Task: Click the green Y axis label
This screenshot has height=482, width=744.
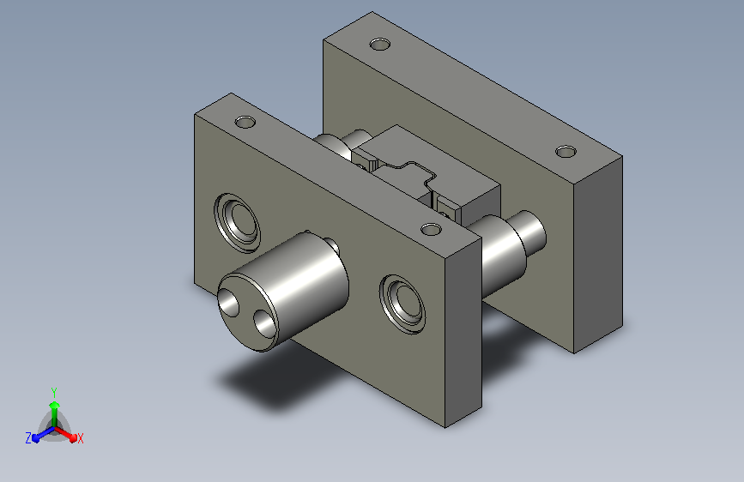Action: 54,392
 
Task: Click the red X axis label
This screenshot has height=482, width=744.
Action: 80,438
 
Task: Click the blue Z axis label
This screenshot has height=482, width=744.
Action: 28,438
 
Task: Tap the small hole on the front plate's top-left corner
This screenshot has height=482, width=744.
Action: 245,122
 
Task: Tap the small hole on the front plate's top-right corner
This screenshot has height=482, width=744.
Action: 432,230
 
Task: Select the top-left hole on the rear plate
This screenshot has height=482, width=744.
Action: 380,45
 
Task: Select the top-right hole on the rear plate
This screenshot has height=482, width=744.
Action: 566,152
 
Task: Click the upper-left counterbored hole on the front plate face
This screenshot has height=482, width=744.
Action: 237,223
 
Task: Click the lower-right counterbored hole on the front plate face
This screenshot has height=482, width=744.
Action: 402,304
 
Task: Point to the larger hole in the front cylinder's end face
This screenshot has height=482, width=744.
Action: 229,303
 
